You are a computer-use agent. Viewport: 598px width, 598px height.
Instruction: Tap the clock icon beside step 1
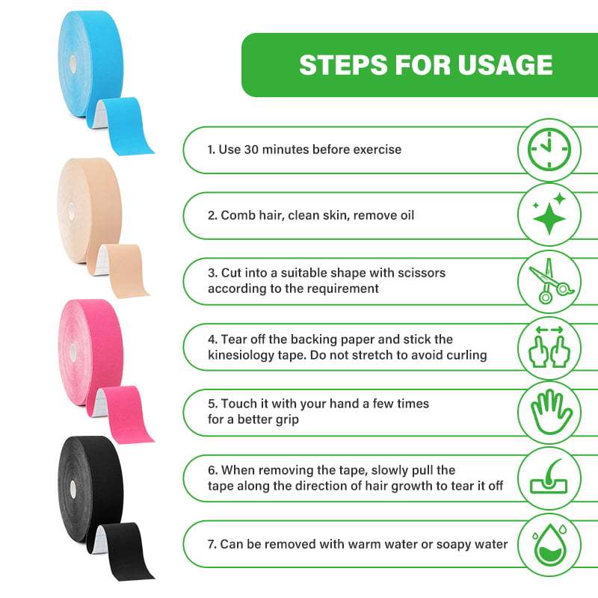click(550, 149)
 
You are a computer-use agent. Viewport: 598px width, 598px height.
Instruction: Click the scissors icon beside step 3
click(550, 280)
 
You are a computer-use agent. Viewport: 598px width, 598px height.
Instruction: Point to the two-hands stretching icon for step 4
click(550, 346)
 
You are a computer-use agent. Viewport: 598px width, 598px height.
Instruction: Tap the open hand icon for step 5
click(550, 412)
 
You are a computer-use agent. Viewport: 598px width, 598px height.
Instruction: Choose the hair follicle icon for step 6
click(550, 478)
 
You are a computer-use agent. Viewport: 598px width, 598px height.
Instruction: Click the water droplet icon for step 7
click(550, 543)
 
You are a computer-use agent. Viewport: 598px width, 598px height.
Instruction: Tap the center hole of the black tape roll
click(73, 487)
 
